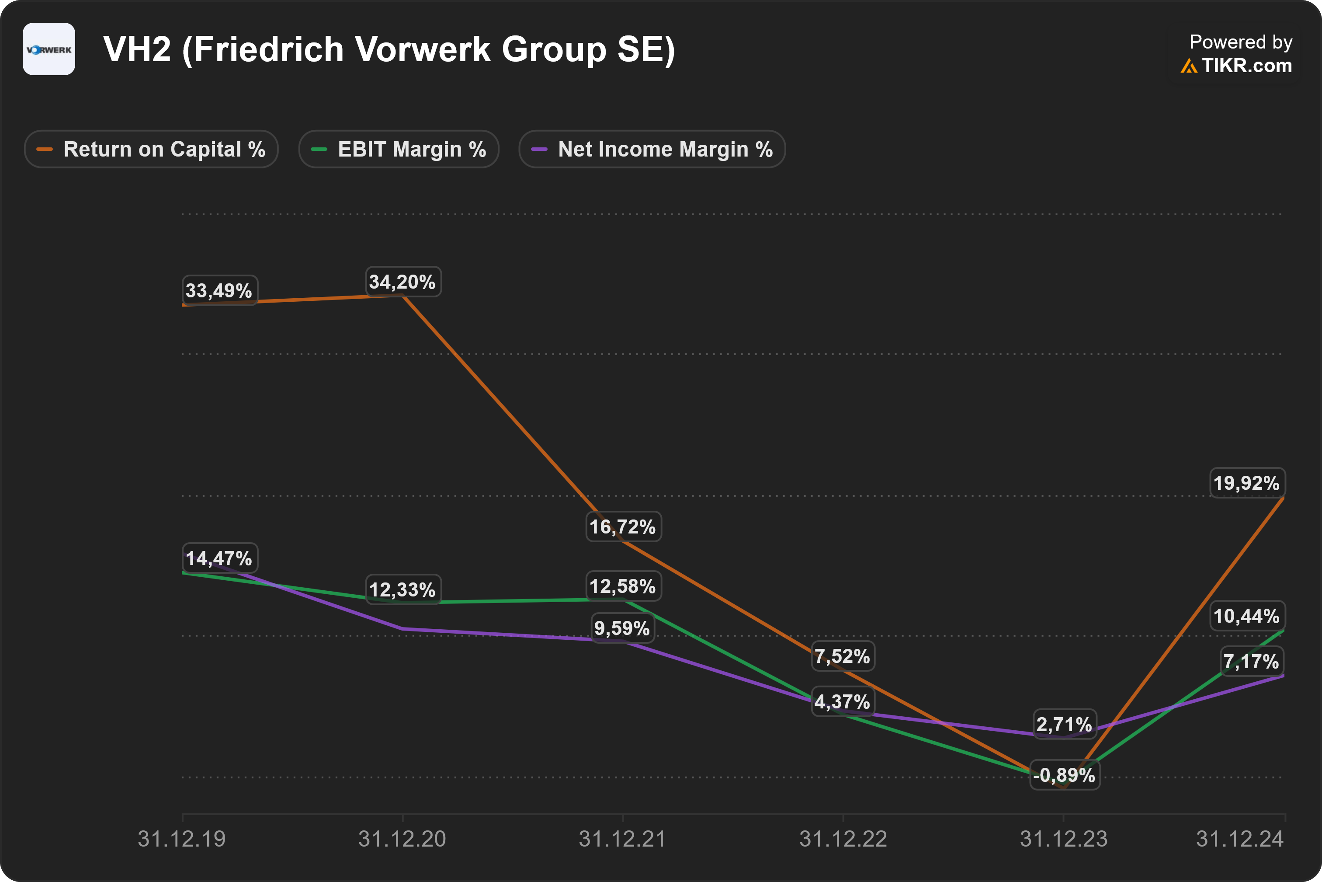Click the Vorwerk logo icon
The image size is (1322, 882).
point(49,49)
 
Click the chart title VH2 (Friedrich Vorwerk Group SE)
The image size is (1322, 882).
point(389,49)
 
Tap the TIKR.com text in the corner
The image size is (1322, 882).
point(1247,66)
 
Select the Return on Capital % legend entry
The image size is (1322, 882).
point(151,149)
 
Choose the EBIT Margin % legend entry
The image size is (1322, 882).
point(399,149)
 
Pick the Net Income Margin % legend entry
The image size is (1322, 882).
point(652,149)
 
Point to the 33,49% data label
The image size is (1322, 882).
point(219,291)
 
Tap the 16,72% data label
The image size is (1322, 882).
point(623,527)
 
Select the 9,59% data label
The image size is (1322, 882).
point(623,628)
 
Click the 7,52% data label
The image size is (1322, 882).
point(843,656)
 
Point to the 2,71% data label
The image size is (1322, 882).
point(1065,725)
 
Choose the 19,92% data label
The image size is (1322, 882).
point(1247,483)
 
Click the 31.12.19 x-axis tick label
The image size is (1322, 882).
point(181,839)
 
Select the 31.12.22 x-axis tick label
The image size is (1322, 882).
point(843,839)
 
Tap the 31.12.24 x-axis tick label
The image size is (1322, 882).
point(1240,839)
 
